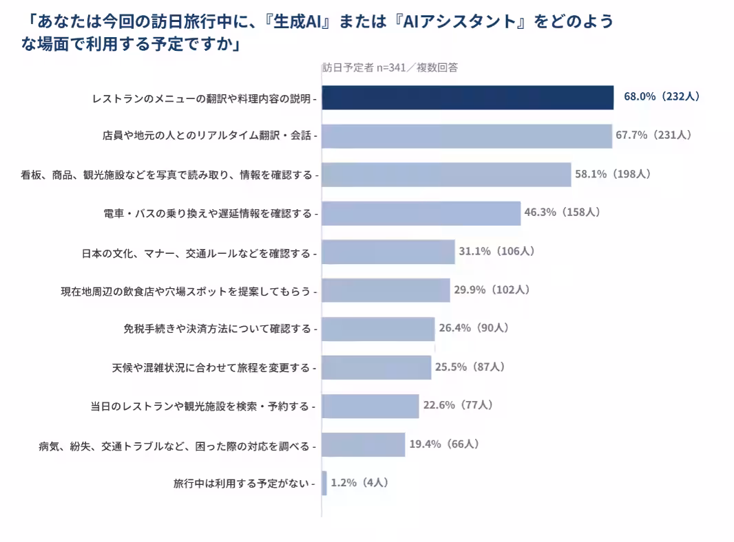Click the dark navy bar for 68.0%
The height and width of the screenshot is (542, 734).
click(468, 97)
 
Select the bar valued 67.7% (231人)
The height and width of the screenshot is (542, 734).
click(467, 136)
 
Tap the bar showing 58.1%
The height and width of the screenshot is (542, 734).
click(447, 175)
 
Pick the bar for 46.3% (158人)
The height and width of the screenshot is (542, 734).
click(421, 213)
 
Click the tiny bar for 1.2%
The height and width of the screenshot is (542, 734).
click(324, 483)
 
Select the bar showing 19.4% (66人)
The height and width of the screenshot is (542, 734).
click(364, 444)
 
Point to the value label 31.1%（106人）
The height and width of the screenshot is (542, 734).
click(496, 251)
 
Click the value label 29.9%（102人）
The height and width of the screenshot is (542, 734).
click(492, 290)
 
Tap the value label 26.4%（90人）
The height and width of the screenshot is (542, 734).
click(474, 328)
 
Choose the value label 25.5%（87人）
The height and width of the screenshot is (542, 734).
click(470, 367)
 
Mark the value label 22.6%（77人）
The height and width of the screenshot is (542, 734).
click(459, 405)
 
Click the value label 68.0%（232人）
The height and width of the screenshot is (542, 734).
click(662, 96)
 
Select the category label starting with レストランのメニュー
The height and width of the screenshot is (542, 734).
click(201, 98)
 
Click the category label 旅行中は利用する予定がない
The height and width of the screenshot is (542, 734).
click(241, 483)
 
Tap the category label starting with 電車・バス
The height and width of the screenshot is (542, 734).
click(207, 214)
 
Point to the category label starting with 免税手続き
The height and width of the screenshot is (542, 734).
click(217, 329)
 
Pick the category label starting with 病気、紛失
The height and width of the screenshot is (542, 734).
click(174, 446)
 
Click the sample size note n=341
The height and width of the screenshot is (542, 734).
click(391, 68)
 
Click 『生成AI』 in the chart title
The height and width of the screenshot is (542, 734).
click(297, 21)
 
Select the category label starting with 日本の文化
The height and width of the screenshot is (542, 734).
click(196, 254)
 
